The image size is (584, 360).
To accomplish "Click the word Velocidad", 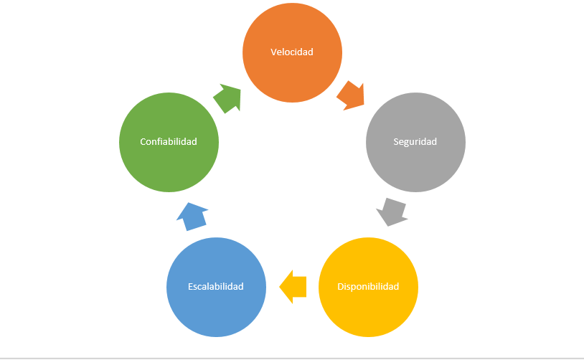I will (292, 52).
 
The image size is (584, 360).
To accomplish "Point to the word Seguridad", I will (415, 141).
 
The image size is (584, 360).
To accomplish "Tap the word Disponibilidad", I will (368, 286).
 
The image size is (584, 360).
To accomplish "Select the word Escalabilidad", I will (216, 286).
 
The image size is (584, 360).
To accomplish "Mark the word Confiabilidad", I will (169, 141).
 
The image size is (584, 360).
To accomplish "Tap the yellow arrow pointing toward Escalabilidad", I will (293, 287).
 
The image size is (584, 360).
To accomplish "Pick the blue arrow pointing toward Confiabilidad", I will (192, 215).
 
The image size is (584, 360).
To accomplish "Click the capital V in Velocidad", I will (273, 52).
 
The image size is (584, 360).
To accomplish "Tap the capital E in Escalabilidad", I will (191, 286).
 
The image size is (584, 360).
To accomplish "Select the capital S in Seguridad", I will (396, 141).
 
